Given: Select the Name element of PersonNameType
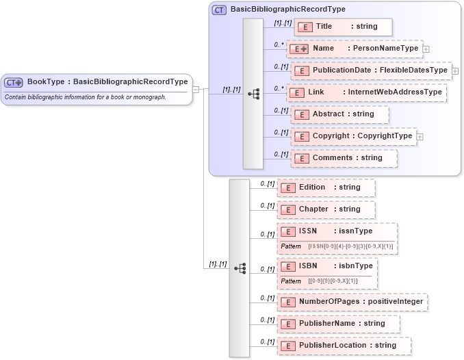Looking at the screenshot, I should coord(355,49).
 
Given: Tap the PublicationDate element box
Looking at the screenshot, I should coord(371,70).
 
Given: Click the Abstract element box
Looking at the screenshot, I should coord(339,114).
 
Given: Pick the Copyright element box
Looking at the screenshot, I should coord(354,136).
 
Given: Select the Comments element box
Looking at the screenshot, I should coord(344,158).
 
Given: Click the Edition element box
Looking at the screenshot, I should coord(326,188).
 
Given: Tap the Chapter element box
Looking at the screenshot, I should coord(326,209).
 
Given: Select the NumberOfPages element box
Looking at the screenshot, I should coord(352,302).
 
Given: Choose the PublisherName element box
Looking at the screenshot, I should coord(338,324).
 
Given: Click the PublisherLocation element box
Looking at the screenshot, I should coord(344,346).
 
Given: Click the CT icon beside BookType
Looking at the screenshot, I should coord(14,82).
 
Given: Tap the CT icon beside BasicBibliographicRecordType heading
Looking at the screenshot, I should coord(220,10).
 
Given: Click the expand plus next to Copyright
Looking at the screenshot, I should coord(420,136).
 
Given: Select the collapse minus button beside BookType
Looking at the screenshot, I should coord(196,89).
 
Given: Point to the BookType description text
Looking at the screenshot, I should coord(86,97).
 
